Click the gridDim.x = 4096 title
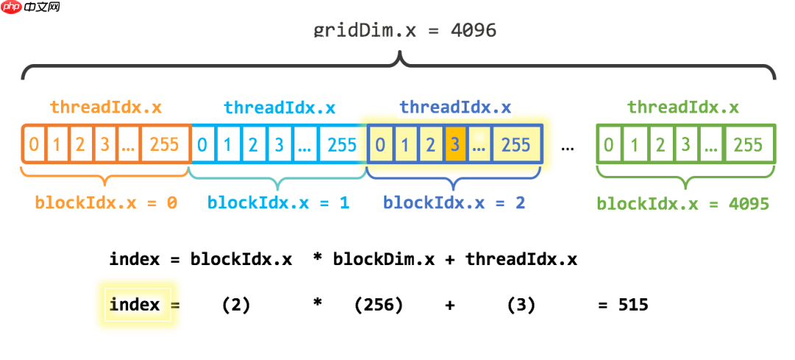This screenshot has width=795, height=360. [405, 30]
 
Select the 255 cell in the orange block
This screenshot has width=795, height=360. [164, 144]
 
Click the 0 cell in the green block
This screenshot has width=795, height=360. [609, 144]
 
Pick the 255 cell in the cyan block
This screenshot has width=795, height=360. [342, 144]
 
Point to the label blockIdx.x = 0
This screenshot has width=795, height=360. [106, 202]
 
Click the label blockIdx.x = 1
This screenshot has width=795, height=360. [278, 202]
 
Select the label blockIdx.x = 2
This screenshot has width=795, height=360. [454, 202]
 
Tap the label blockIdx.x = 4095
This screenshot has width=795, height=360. [682, 203]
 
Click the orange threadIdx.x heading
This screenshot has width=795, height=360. [106, 107]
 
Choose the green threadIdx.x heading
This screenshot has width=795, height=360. [683, 107]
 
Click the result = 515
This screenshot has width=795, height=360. [623, 304]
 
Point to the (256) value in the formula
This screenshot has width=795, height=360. [378, 304]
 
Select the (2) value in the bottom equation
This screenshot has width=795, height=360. [236, 304]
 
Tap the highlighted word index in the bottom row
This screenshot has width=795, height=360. [135, 304]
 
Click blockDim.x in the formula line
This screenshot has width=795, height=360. [381, 259]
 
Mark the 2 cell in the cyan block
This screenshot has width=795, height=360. [252, 144]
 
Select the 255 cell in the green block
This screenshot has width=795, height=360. [748, 144]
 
